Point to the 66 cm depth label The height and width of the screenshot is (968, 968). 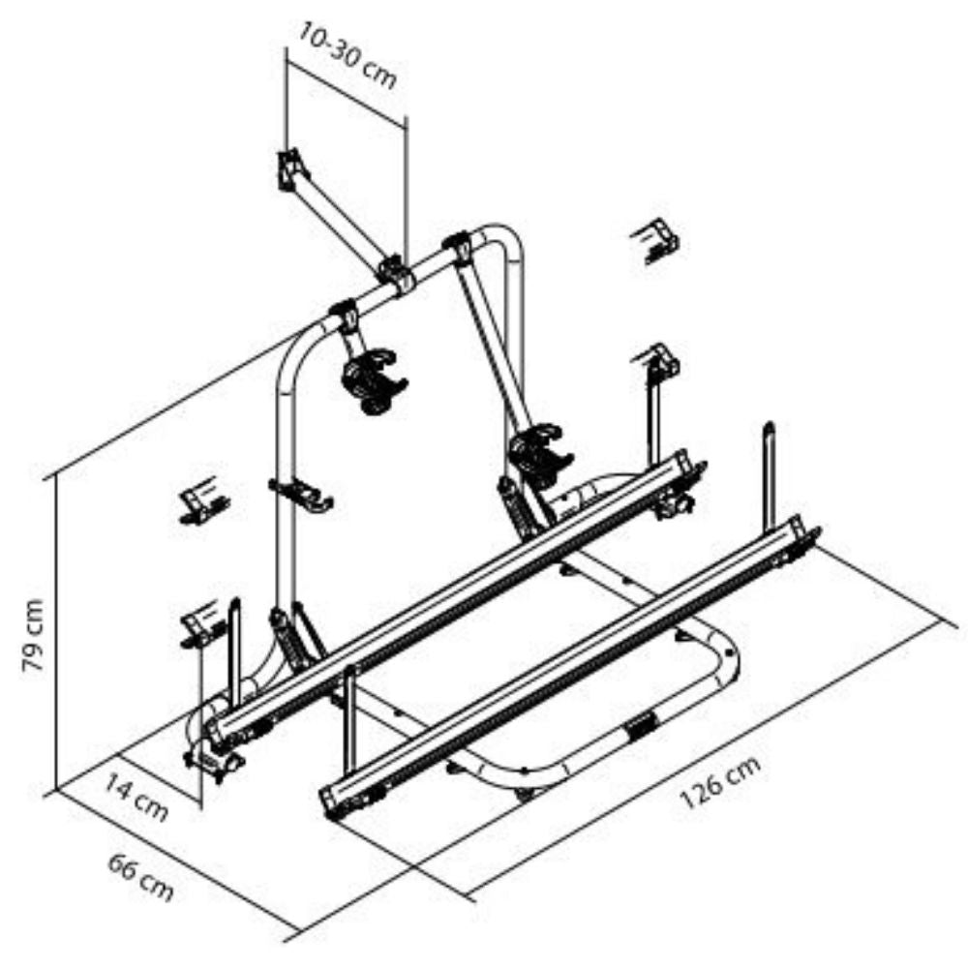140,877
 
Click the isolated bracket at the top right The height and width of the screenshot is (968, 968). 655,240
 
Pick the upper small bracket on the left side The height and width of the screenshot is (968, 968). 202,500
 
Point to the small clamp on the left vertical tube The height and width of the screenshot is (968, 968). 301,494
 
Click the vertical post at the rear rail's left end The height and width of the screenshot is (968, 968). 234,653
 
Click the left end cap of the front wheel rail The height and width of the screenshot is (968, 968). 331,802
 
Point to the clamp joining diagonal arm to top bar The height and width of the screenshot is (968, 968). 395,275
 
